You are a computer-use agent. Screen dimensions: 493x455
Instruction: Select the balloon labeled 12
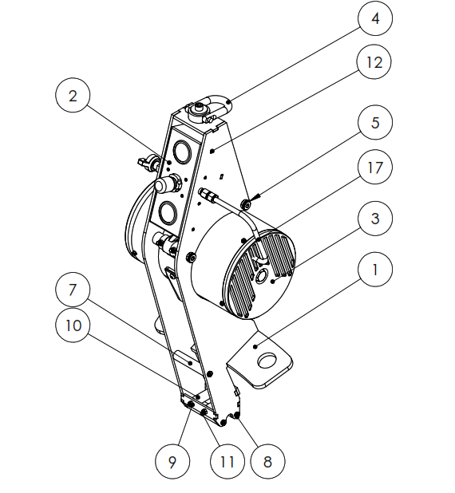pyautogui.click(x=374, y=62)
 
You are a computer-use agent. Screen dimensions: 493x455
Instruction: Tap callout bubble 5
pyautogui.click(x=374, y=124)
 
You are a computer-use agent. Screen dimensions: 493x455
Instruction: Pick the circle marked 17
pyautogui.click(x=374, y=169)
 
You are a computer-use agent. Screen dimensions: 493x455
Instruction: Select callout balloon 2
pyautogui.click(x=73, y=97)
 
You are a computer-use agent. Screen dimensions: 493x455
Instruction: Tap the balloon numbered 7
pyautogui.click(x=73, y=289)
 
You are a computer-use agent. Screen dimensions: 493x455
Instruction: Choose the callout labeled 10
pyautogui.click(x=73, y=325)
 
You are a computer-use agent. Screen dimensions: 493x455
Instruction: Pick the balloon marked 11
pyautogui.click(x=227, y=461)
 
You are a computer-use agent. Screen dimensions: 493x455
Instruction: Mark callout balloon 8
pyautogui.click(x=267, y=461)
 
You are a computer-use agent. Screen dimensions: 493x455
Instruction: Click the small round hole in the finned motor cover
pyautogui.click(x=263, y=276)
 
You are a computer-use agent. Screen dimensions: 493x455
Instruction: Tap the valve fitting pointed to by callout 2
pyautogui.click(x=147, y=164)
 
